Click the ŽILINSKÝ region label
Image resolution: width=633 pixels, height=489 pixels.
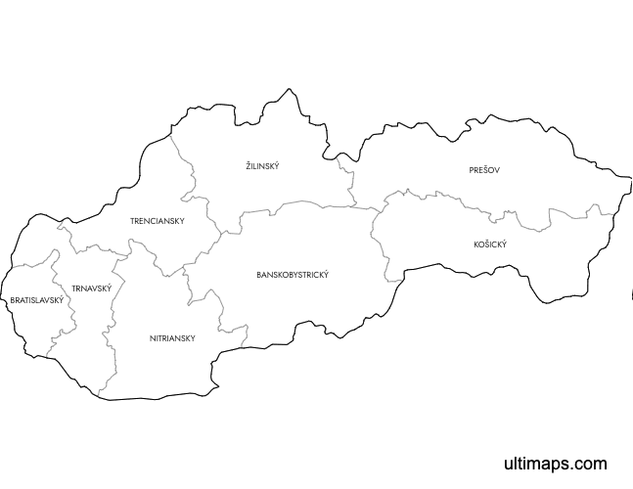[x=262, y=166]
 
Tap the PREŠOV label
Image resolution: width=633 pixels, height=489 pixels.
[x=484, y=170]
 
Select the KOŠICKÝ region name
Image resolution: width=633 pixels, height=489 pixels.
[x=489, y=244]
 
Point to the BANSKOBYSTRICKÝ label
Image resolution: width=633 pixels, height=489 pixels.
[x=293, y=275]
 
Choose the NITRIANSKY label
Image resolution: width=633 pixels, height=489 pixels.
[x=172, y=338]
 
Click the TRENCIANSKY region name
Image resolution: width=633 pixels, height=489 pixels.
[x=158, y=221]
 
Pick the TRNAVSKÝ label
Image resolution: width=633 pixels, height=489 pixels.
[x=91, y=289]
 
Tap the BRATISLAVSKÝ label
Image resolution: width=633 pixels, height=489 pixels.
[x=36, y=300]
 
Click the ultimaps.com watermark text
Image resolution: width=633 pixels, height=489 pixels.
[x=555, y=464]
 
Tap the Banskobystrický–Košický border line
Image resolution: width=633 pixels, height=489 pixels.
[x=375, y=244]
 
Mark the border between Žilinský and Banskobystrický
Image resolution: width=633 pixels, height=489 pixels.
[x=294, y=203]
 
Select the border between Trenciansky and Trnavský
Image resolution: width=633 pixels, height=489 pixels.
[x=98, y=247]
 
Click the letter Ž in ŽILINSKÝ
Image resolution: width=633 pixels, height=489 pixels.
[x=249, y=166]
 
